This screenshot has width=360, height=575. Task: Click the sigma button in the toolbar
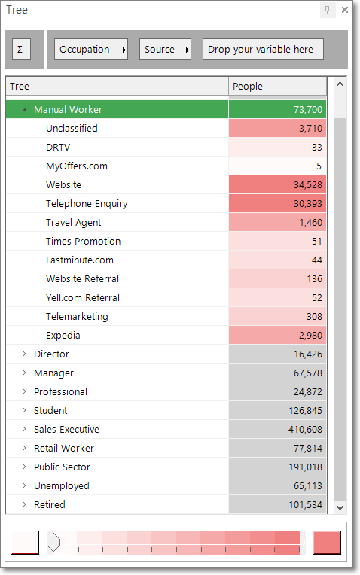[x=20, y=50]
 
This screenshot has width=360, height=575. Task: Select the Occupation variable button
[x=91, y=50]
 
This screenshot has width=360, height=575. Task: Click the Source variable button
[x=165, y=50]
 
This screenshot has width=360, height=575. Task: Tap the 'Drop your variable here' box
[x=263, y=50]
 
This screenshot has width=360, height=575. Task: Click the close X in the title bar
[x=345, y=10]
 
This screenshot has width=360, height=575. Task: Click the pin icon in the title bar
[x=328, y=10]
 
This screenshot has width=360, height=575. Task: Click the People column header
[x=277, y=87]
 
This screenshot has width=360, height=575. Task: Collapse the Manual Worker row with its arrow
[x=24, y=109]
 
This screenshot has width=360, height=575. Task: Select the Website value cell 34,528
[x=277, y=185]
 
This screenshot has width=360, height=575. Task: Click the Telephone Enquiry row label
[x=87, y=204]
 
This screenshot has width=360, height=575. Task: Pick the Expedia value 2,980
[x=277, y=335]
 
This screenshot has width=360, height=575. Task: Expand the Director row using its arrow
[x=24, y=354]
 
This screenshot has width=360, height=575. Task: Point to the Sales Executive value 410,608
[x=277, y=429]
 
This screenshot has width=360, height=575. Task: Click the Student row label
[x=50, y=410]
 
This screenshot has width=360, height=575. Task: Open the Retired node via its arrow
[x=24, y=504]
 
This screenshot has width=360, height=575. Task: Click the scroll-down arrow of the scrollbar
[x=340, y=507]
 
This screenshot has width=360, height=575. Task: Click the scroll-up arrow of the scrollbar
[x=340, y=84]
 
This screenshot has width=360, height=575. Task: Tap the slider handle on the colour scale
[x=53, y=542]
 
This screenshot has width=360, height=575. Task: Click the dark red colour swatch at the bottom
[x=327, y=543]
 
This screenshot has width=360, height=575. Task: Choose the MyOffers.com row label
[x=77, y=166]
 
